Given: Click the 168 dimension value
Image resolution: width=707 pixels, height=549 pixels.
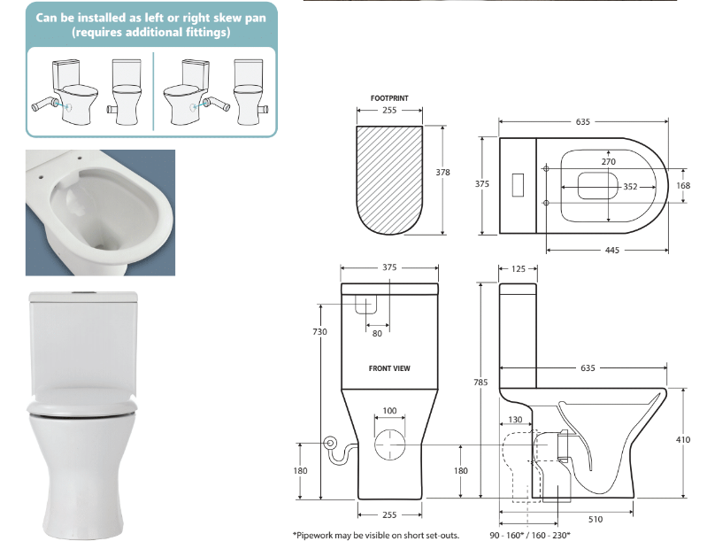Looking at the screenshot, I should (x=683, y=186).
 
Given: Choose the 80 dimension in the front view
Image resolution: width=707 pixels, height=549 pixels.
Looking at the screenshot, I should (x=378, y=333).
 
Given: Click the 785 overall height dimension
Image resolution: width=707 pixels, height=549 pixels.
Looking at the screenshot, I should (x=480, y=383).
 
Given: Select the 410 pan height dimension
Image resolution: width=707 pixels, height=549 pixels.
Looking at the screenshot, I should (x=683, y=439).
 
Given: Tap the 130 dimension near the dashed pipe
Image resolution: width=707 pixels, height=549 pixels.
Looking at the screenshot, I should (x=516, y=421).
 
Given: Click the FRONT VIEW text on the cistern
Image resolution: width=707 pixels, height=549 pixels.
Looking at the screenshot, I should (x=389, y=367).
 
